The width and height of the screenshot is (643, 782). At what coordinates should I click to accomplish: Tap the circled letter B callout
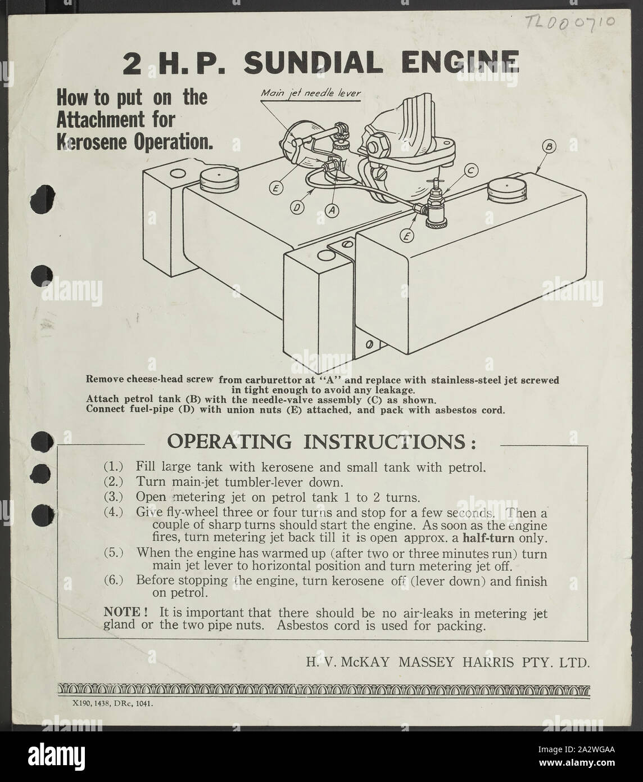[x=549, y=147]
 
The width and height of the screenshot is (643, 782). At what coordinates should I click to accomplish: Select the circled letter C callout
[x=471, y=170]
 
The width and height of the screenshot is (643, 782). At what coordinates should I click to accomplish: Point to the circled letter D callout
[x=297, y=208]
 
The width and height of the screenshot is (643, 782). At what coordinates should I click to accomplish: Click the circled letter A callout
[x=332, y=210]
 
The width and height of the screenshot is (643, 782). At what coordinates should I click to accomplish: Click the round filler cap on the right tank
[x=507, y=190]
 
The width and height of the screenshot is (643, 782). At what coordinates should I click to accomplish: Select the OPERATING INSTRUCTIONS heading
[x=321, y=442]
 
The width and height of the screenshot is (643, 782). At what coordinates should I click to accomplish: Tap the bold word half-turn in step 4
[x=488, y=538]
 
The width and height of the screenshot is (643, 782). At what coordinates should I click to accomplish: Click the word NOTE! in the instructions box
[x=122, y=612]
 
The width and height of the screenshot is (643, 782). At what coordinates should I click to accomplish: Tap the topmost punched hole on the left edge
[x=42, y=199]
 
